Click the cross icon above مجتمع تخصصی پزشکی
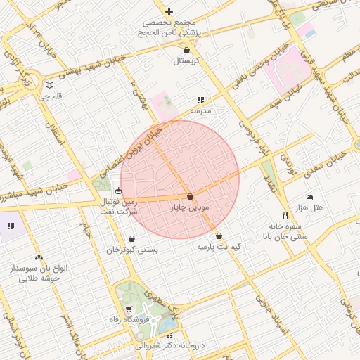coord(169,11)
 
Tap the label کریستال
coord(187,61)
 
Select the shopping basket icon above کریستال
coord(186,51)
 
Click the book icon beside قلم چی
coord(49,85)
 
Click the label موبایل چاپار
coord(190,208)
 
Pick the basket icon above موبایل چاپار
coord(190,197)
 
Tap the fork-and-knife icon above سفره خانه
coord(285,215)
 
